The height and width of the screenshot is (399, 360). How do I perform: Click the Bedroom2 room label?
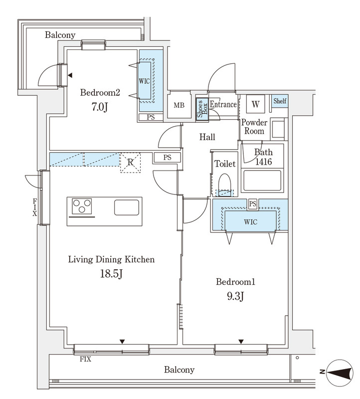tap(100, 92)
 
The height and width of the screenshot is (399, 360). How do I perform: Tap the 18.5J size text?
tap(111, 274)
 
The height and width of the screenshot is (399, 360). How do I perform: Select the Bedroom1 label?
tap(235, 282)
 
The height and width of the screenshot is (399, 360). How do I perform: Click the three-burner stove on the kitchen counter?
tap(82, 206)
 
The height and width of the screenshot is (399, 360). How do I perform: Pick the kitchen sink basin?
tap(127, 207)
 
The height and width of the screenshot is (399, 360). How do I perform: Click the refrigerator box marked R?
tap(130, 163)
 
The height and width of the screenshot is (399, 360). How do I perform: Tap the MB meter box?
tap(179, 105)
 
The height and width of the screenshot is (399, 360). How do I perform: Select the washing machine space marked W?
tap(255, 104)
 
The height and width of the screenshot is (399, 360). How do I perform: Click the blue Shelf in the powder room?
tap(280, 101)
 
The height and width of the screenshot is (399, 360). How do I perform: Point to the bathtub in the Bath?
tap(262, 181)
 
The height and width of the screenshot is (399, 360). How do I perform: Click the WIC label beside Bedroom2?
tap(144, 81)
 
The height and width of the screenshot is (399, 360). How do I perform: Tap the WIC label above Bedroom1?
tap(251, 222)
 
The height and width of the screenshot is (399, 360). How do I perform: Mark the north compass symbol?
tap(340, 373)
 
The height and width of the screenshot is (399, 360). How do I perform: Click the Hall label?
tap(207, 137)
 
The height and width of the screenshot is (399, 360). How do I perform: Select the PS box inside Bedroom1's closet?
tap(253, 204)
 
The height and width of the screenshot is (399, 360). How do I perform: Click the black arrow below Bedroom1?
tap(241, 342)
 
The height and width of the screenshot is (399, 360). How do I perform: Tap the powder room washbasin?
tap(278, 129)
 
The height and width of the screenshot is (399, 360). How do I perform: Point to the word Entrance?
tap(223, 104)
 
